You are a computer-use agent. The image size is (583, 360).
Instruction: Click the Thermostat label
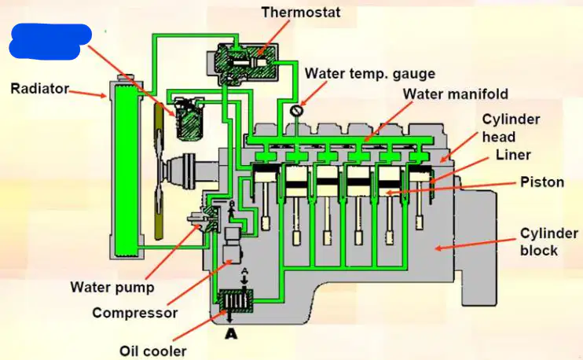tap(301, 13)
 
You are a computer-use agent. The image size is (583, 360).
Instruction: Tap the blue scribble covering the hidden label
tap(49, 41)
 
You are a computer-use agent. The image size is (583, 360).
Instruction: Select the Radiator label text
tap(40, 89)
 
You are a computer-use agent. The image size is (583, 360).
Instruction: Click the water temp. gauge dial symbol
tap(297, 110)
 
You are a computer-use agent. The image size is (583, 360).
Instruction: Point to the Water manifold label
tap(456, 94)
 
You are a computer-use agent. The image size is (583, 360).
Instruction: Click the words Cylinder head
tap(511, 128)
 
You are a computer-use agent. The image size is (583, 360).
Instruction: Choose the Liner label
tap(513, 154)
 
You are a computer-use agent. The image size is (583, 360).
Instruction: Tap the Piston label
tap(542, 182)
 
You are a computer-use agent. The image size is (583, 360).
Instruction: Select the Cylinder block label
tap(548, 242)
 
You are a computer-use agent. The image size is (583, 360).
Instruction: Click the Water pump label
tap(112, 287)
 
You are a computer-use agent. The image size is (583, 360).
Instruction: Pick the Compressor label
tap(135, 313)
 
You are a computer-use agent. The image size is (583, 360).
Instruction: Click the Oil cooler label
tap(152, 351)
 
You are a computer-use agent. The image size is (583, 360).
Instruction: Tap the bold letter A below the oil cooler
tap(231, 334)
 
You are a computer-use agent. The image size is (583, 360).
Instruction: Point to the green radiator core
tap(126, 171)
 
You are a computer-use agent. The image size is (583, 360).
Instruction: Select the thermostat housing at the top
tap(243, 62)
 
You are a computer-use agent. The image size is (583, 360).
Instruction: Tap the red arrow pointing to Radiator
tap(88, 94)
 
